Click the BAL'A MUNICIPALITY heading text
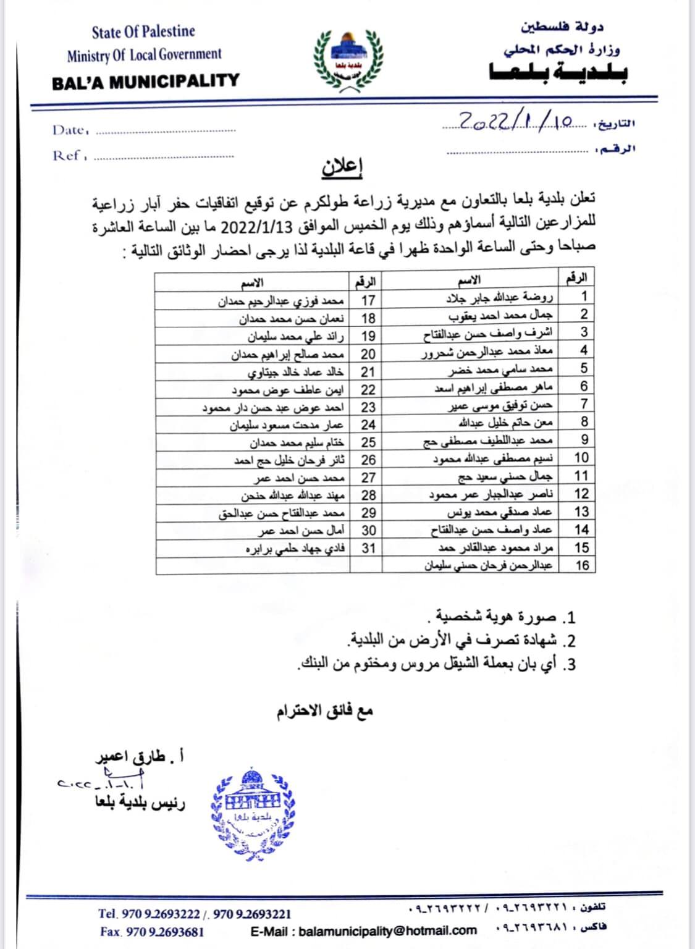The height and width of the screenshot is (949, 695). [145, 81]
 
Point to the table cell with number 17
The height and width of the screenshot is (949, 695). [368, 301]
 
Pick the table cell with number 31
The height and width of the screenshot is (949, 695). [368, 548]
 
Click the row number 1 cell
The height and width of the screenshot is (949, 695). [583, 296]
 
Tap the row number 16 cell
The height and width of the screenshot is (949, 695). [581, 565]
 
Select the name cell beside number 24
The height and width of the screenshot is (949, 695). [287, 425]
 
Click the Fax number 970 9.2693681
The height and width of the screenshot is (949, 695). [152, 931]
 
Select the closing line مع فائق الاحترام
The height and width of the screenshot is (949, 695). [325, 711]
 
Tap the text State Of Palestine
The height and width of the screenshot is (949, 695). [143, 32]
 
